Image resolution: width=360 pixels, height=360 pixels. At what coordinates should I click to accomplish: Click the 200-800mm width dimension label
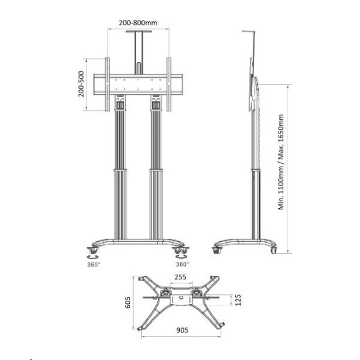pos(138,23)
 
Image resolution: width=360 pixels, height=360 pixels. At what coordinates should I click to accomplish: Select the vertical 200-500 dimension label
pos(81,84)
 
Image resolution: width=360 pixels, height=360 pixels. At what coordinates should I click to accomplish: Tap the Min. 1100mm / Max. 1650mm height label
pos(281,162)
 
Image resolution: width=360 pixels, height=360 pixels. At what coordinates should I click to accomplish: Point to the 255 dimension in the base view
pos(181,277)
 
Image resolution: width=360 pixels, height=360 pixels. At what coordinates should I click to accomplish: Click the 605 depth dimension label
pos(128,303)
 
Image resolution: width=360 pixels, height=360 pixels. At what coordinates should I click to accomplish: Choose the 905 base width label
pos(182,330)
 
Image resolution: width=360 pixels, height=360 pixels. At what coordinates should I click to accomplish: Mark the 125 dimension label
pos(238,300)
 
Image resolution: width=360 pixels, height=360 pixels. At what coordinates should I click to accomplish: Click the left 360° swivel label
pos(94,265)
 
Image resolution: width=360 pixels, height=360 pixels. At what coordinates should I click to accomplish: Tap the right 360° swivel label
pos(183,264)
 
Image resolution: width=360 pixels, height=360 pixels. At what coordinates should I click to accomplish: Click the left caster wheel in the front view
pos(93,250)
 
